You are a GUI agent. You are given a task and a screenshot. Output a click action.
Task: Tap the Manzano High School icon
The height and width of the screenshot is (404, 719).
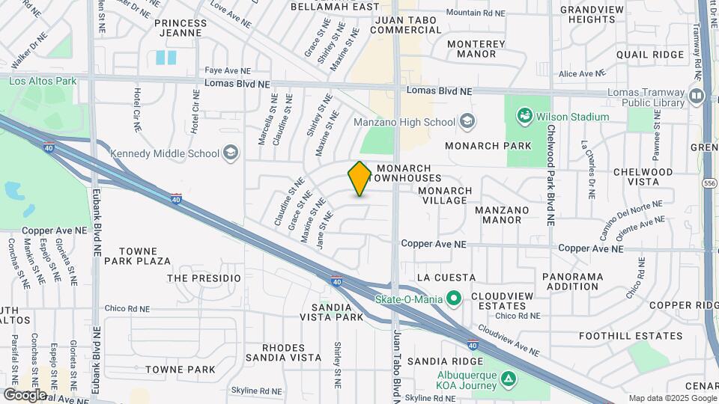tap(467, 121)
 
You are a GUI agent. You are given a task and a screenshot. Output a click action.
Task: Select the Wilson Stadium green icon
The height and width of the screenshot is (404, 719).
tap(524, 116)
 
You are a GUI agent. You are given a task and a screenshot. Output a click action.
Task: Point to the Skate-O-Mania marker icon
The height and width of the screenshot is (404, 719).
tap(454, 299)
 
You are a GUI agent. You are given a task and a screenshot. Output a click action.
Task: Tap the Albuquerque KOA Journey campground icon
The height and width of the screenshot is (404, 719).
tap(509, 379)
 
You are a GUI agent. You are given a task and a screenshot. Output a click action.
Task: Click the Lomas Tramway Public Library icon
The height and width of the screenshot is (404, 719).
tap(697, 96)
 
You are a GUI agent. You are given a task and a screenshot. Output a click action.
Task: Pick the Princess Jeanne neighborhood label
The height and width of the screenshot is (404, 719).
tap(180, 28)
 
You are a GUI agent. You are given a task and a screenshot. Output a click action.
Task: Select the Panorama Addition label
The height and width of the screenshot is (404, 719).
tap(573, 281)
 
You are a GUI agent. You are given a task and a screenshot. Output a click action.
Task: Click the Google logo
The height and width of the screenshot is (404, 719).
tap(25, 395)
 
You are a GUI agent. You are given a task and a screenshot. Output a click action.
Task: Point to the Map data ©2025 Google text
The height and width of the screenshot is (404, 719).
tap(672, 398)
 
